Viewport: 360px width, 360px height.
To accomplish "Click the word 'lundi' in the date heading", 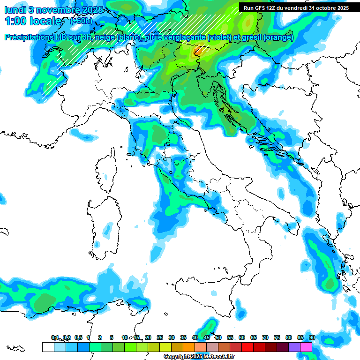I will [x=15, y=9].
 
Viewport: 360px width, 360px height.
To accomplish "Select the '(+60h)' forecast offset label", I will [x=81, y=21].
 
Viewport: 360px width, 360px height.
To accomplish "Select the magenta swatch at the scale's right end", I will [x=306, y=347].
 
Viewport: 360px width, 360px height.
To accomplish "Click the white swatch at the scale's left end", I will [x=48, y=347].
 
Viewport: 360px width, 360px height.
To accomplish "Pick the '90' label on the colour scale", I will [x=312, y=337].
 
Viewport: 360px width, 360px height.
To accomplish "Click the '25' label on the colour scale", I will [x=160, y=337].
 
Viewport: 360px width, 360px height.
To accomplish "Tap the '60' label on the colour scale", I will [x=242, y=337].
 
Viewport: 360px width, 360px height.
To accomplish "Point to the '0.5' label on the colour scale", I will [x=78, y=337].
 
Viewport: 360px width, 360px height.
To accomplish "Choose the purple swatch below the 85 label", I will [x=294, y=347].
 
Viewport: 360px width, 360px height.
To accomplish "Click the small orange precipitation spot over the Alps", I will [x=198, y=51].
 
